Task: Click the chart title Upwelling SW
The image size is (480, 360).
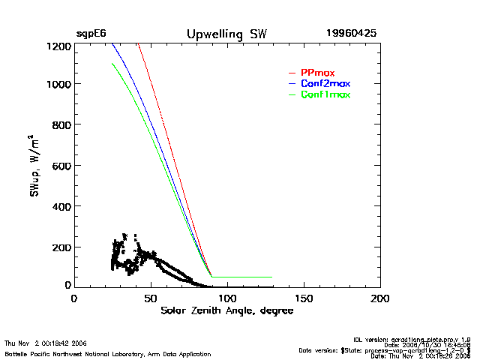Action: coord(226,34)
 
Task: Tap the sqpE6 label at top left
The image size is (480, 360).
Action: coord(91,34)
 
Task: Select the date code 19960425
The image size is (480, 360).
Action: coord(351,34)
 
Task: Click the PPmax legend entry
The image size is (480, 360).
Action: coord(317,73)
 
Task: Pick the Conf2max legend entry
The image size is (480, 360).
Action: coord(325,83)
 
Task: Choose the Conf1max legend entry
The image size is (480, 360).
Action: coord(325,95)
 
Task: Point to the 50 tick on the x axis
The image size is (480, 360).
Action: coord(151,298)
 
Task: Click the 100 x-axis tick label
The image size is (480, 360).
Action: coord(226,298)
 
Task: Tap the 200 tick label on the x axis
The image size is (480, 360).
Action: coord(380,298)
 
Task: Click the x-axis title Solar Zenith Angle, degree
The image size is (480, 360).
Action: coord(226,310)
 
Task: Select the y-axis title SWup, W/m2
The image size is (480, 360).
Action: coord(34,166)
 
